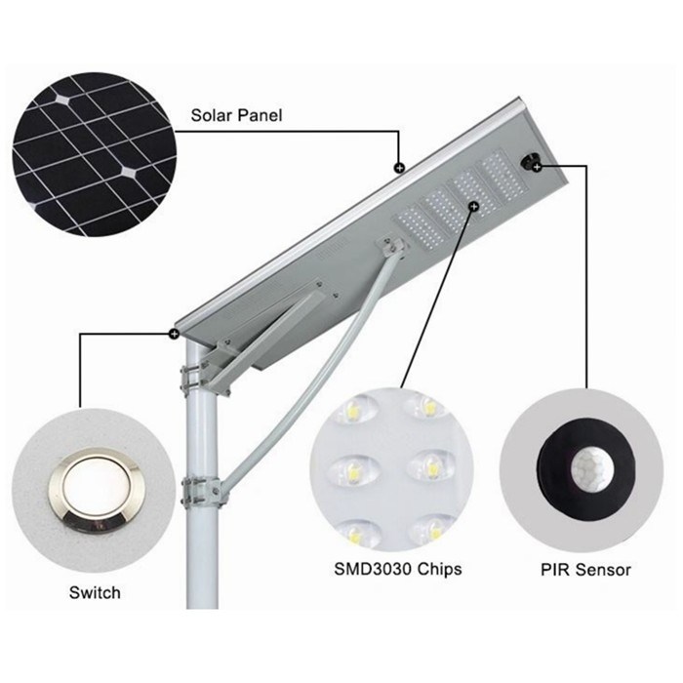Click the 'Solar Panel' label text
(236, 115)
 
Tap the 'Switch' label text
(95, 592)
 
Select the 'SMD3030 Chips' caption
(398, 569)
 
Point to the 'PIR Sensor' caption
(585, 570)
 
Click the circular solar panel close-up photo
(95, 155)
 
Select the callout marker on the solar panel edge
(398, 167)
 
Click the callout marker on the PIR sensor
(537, 167)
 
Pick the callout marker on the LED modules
(474, 206)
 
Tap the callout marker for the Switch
(175, 334)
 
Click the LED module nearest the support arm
(421, 227)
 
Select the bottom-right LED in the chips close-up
(432, 529)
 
